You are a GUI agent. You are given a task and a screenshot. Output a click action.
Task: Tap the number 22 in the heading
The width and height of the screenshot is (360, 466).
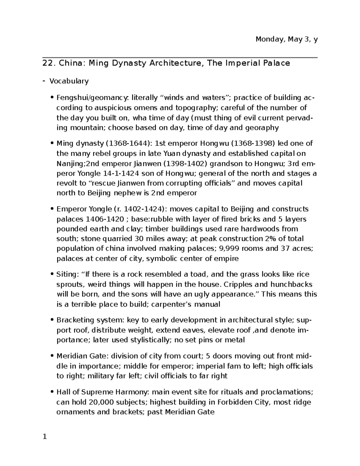pyautogui.click(x=49, y=63)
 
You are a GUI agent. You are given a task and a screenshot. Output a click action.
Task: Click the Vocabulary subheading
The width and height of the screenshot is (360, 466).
pyautogui.click(x=69, y=81)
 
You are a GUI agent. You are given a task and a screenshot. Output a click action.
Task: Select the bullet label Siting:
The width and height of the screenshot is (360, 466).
pyautogui.click(x=67, y=275)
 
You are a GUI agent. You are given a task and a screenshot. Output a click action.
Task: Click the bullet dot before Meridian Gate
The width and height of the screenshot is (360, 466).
pyautogui.click(x=53, y=356)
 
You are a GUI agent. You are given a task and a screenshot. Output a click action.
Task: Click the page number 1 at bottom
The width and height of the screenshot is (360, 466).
pyautogui.click(x=45, y=437)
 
